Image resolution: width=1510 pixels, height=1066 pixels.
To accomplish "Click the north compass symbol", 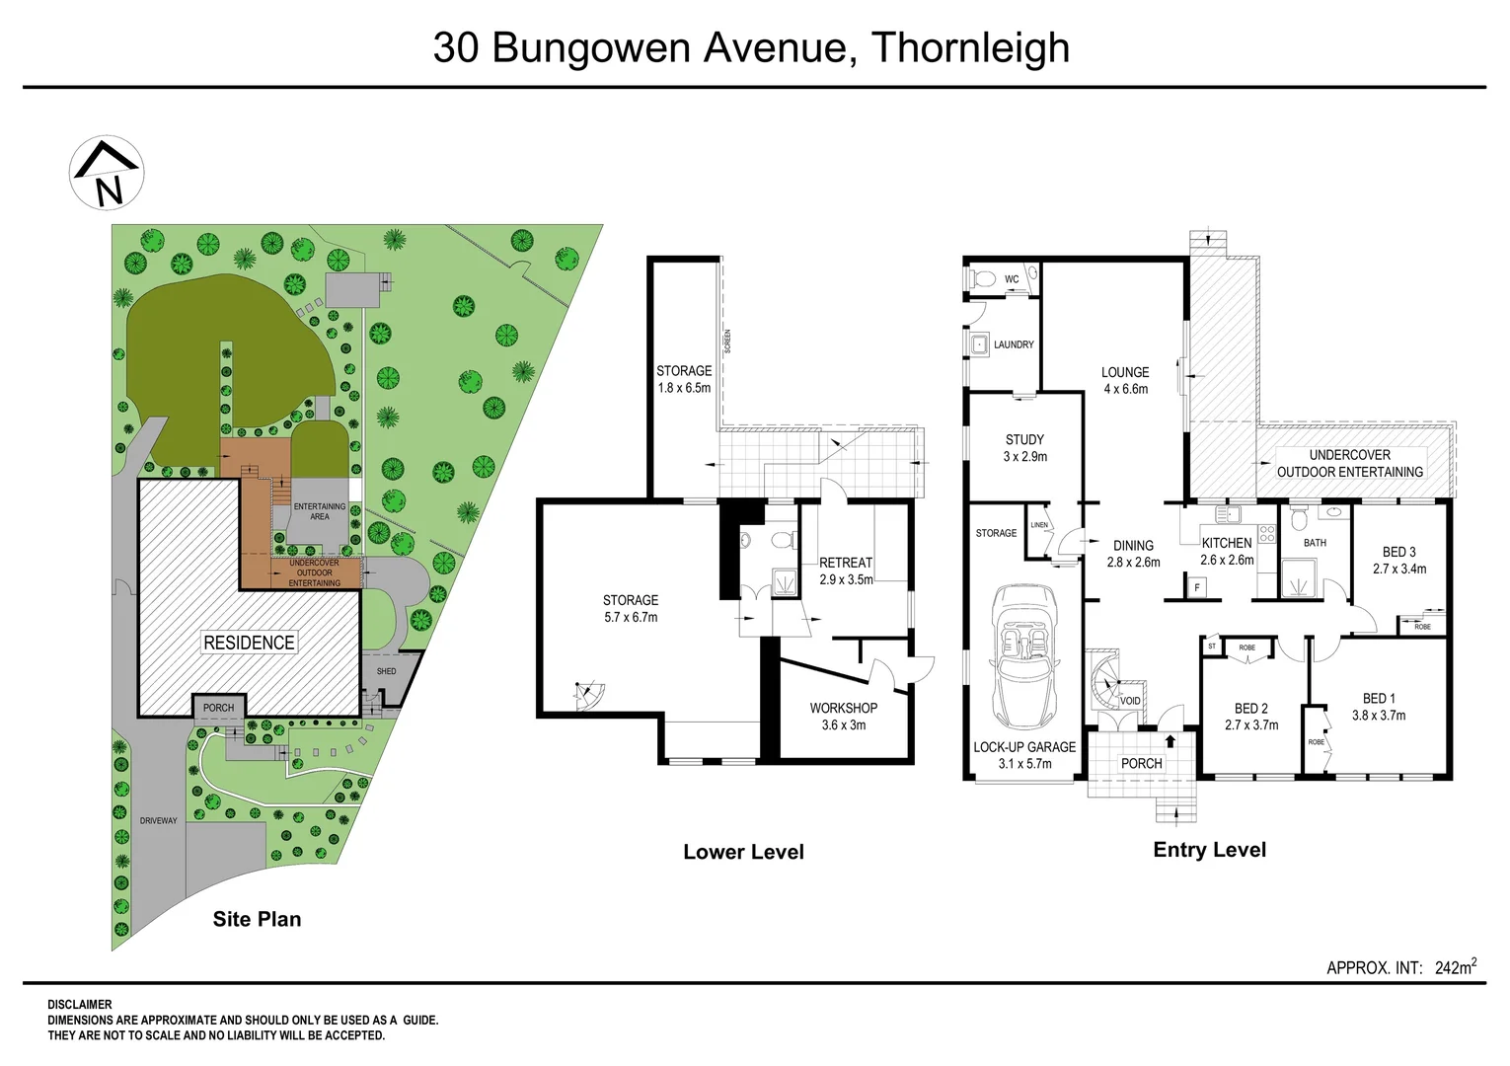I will click(107, 173).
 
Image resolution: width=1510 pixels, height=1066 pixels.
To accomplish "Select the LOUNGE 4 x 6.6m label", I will click(1125, 380).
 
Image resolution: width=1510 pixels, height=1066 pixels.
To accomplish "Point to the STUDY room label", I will click(1024, 439).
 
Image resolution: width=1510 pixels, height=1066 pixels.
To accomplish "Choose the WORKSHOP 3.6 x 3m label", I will click(843, 716).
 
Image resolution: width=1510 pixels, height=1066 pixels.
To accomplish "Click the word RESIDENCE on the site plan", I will click(249, 643).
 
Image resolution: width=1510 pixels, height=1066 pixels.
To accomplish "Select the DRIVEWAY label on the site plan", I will click(158, 820).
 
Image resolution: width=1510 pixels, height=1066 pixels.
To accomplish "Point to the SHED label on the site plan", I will click(386, 671).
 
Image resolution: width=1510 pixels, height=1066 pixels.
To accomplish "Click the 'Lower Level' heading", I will click(743, 852).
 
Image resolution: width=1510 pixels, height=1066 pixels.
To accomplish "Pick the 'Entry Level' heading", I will click(1209, 850).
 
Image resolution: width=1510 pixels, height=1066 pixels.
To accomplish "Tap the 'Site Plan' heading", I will click(257, 919).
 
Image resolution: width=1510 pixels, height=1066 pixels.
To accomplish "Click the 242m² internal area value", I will click(1455, 967).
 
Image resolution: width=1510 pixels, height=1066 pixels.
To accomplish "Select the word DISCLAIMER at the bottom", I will click(80, 1005).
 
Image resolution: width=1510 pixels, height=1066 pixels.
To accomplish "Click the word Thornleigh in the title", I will click(970, 47).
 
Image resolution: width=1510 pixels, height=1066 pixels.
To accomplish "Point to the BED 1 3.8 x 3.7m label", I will click(1378, 707).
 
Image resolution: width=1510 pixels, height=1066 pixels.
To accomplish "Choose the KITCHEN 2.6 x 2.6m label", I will click(1227, 551).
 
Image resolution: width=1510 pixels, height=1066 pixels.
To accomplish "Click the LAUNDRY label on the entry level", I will click(1014, 344).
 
